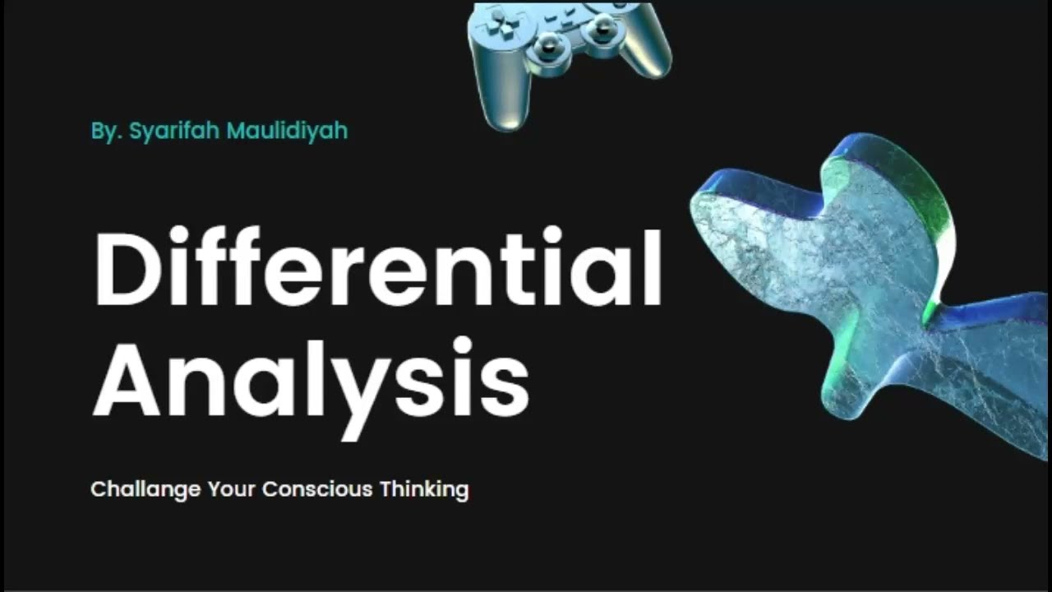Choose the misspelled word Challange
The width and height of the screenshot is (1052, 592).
[145, 490]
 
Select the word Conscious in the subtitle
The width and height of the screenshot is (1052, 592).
[317, 490]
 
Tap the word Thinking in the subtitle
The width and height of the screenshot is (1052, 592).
[423, 490]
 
